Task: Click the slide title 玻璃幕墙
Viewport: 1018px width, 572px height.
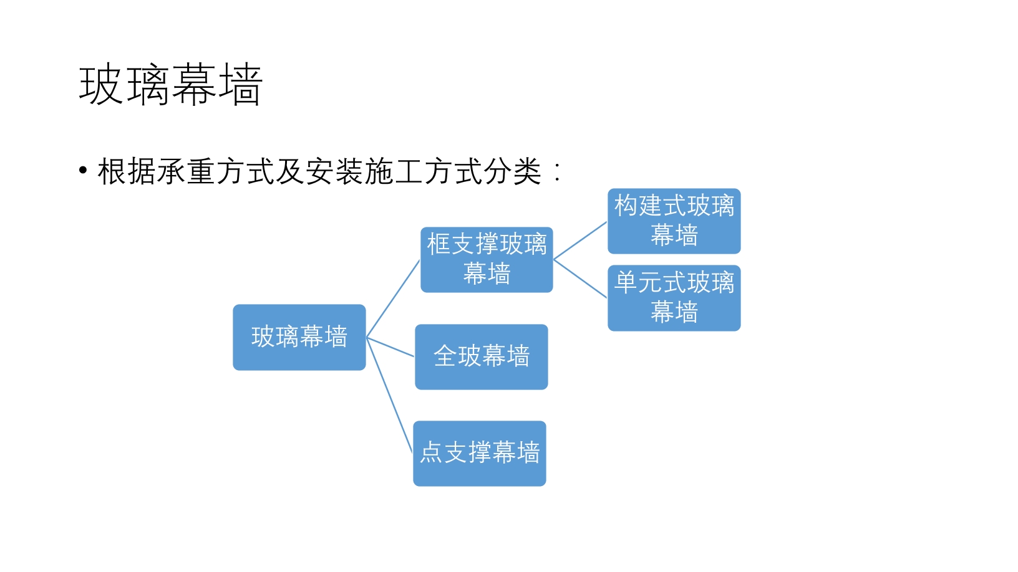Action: [x=170, y=85]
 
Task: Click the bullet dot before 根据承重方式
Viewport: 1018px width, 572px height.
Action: [x=83, y=171]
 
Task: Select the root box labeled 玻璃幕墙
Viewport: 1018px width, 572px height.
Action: [x=299, y=337]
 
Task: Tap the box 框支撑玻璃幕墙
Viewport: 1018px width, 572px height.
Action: [x=487, y=260]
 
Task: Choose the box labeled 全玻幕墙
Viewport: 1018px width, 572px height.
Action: [x=482, y=357]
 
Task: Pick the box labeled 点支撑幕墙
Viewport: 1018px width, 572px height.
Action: [x=480, y=454]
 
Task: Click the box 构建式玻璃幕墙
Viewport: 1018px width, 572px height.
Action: [x=674, y=221]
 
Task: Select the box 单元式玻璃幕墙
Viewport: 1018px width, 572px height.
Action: [x=674, y=298]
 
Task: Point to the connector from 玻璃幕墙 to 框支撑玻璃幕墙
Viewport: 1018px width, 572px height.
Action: [x=393, y=298]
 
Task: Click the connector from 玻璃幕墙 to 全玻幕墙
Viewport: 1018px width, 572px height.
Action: [x=390, y=347]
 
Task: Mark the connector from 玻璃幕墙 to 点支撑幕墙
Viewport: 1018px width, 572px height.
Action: [x=389, y=396]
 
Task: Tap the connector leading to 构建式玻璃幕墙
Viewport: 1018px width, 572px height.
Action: [x=580, y=241]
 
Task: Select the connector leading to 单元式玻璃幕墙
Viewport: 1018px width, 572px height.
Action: [x=580, y=279]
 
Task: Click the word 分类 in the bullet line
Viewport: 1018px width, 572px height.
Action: [x=512, y=171]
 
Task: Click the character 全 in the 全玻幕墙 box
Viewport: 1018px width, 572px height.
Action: [x=445, y=356]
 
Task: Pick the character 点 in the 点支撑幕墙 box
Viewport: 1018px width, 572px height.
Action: [x=431, y=452]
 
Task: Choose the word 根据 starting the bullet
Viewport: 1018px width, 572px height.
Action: [x=127, y=171]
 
